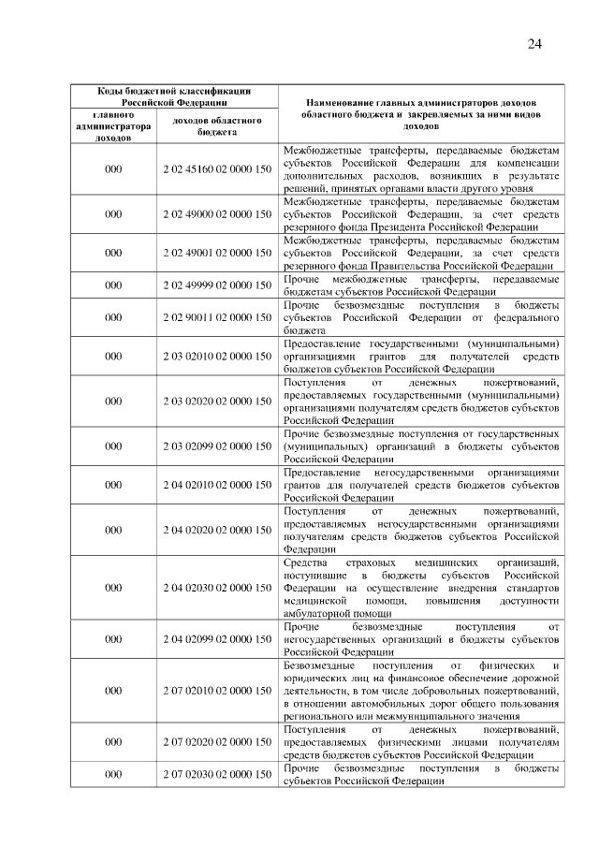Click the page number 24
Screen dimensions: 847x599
pos(534,44)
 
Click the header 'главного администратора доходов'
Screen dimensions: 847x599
pos(113,126)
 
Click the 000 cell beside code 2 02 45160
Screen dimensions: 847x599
pos(113,169)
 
